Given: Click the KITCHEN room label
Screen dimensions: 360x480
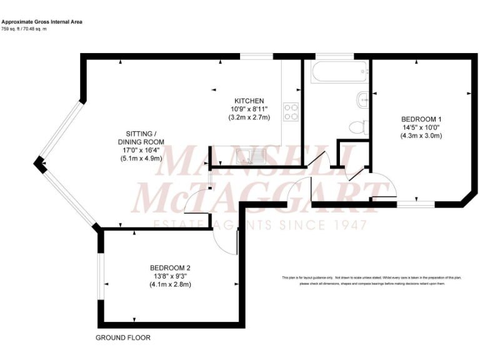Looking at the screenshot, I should point(249,101).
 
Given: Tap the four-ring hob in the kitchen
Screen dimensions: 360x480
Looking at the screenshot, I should point(291,111).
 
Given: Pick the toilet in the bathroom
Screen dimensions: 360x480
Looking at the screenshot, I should point(358,126).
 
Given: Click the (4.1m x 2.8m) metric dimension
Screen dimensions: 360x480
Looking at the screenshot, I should point(169,284).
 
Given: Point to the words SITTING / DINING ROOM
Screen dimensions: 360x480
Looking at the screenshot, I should point(141,137).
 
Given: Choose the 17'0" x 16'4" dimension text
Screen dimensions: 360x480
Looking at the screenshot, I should point(141,150).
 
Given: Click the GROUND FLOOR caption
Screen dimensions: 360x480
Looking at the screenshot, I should point(122,337).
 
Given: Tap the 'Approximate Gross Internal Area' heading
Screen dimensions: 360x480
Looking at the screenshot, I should point(41,22).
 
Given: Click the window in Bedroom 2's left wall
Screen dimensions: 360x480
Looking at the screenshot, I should point(100,275).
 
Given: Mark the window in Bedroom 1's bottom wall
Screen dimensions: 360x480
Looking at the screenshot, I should point(416,204).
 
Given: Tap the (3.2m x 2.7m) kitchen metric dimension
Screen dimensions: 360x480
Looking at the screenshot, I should point(249,117).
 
